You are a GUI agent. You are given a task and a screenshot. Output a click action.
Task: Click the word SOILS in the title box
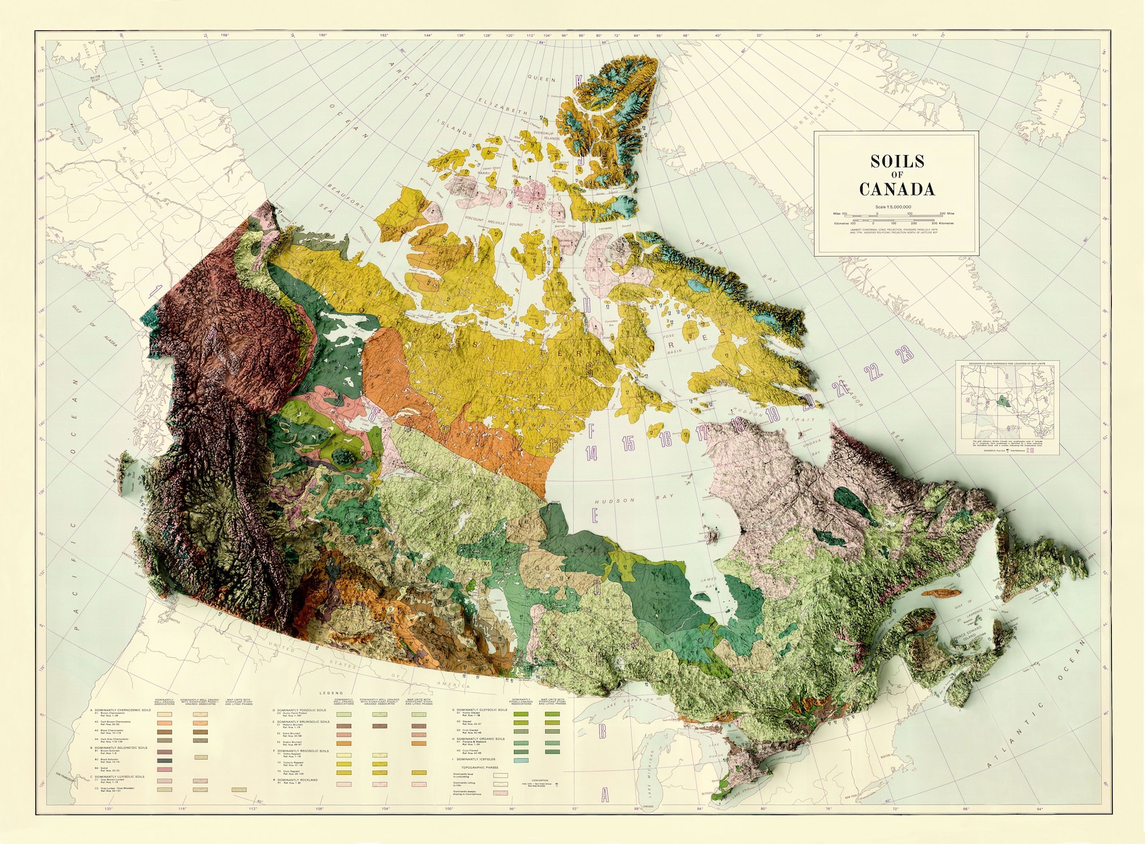896,161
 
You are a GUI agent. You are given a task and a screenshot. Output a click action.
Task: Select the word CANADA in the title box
896,189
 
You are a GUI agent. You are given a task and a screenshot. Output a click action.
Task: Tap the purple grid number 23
904,353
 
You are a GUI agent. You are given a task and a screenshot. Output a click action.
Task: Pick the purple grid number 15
628,443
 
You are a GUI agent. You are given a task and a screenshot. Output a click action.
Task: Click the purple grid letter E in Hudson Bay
595,514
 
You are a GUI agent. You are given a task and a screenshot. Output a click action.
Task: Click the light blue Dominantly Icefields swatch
521,760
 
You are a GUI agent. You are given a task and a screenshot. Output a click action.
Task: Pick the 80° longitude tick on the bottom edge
763,809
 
